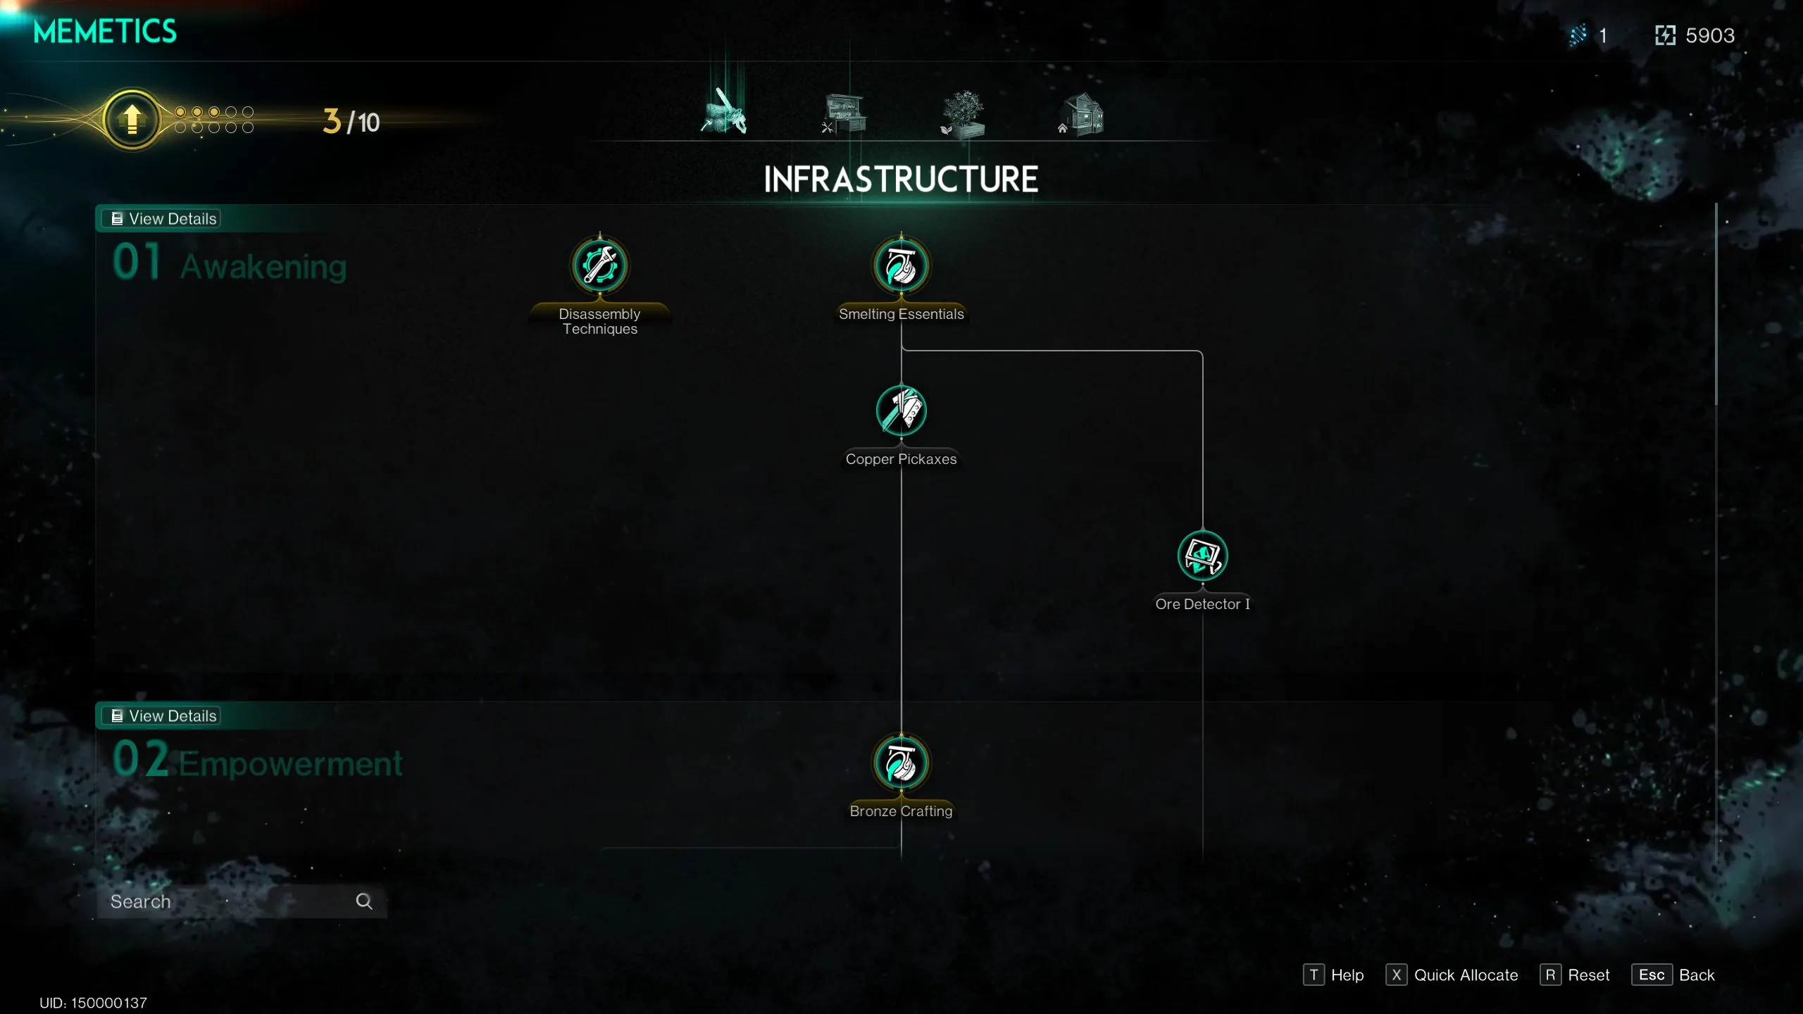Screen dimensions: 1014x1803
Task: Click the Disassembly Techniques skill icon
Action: [x=599, y=265]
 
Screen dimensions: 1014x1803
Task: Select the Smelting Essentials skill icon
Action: [x=901, y=266]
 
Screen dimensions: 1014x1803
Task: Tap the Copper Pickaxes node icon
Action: [x=901, y=411]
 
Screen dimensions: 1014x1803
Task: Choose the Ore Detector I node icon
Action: [x=1202, y=556]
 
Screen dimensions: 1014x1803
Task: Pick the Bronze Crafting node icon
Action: [x=901, y=763]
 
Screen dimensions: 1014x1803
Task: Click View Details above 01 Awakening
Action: [x=163, y=219]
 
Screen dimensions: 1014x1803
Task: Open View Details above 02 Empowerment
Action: [x=163, y=716]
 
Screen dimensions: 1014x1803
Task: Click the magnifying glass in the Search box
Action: [x=363, y=901]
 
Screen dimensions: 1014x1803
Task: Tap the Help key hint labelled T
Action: [x=1314, y=975]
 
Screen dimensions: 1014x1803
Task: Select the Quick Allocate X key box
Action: [x=1396, y=975]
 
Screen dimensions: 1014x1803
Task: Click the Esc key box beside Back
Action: [x=1651, y=975]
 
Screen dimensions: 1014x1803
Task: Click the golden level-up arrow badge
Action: [x=132, y=120]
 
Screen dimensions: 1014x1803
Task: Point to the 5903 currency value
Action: [x=1709, y=36]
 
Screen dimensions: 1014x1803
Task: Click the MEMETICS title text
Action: [x=105, y=32]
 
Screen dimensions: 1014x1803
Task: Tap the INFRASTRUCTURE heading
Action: [x=901, y=180]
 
